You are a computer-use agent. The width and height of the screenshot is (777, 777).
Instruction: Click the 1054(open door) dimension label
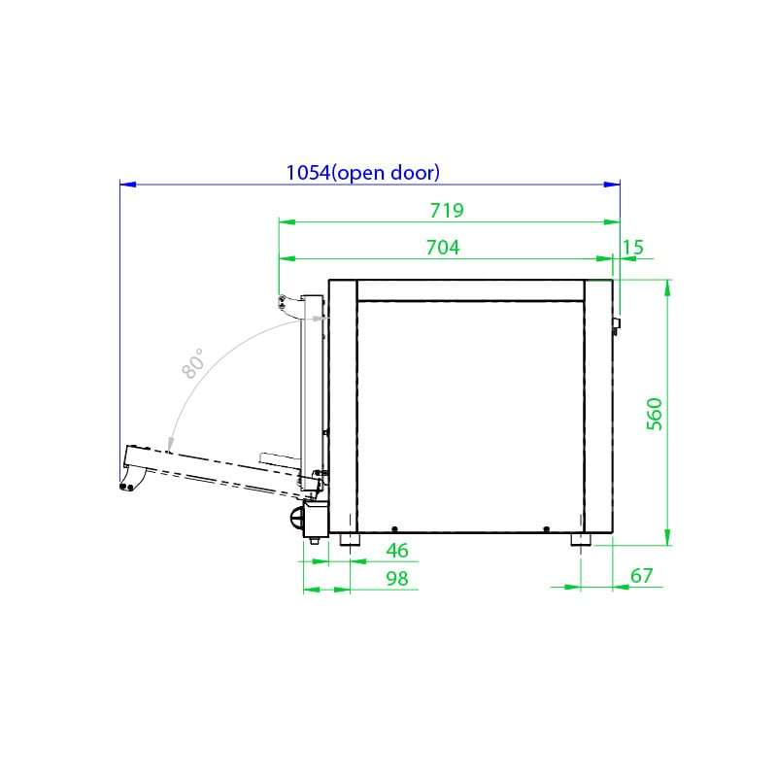362,173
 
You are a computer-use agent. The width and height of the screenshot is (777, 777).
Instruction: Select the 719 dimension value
448,211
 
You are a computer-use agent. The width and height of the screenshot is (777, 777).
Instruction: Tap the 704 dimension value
443,248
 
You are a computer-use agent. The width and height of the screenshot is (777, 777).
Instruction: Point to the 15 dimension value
632,248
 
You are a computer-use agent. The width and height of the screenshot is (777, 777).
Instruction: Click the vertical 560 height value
655,414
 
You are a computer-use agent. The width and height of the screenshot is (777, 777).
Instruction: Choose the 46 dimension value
397,551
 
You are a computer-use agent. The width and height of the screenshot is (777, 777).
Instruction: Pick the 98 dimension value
397,578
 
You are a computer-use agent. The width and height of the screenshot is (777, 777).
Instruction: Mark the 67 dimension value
642,576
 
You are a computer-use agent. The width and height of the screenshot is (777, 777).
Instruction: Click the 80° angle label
193,363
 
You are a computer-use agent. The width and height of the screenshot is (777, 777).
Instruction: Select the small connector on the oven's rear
617,321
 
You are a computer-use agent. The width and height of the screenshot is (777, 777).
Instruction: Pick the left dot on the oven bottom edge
394,528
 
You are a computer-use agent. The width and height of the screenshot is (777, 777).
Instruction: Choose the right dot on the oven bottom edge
547,528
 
